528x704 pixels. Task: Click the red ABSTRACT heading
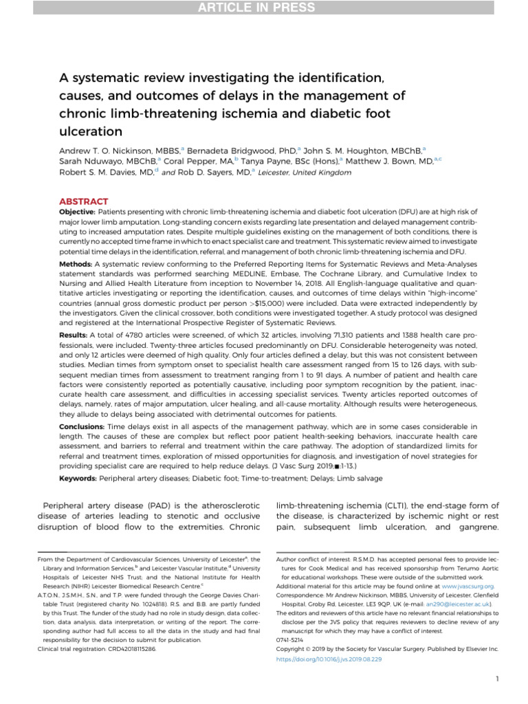82,201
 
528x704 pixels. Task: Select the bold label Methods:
76,263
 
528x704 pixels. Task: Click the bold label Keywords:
78,476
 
